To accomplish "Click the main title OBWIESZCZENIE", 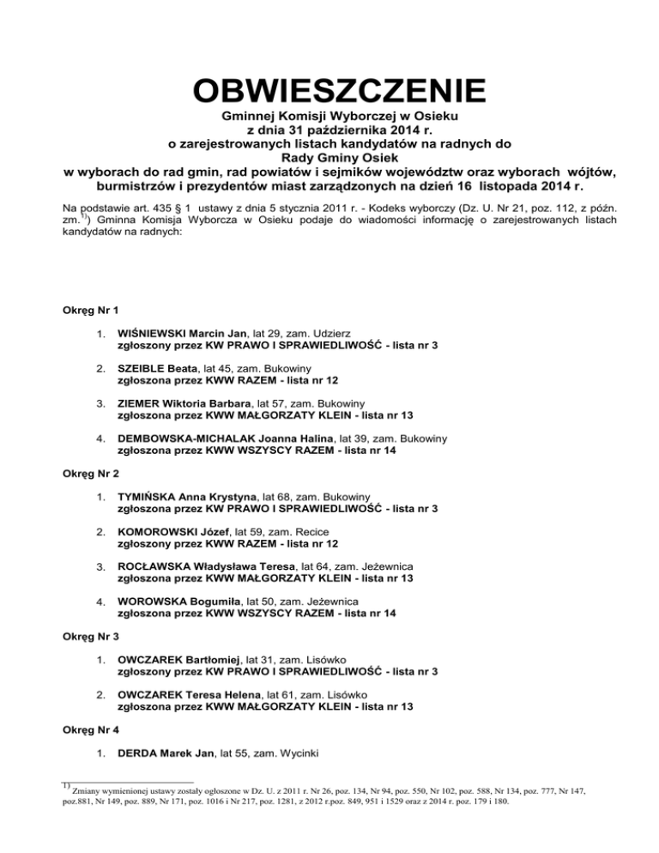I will [x=329, y=90].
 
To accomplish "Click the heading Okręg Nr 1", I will [x=88, y=306].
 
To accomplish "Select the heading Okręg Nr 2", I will [x=88, y=473].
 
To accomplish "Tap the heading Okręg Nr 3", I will [x=88, y=638].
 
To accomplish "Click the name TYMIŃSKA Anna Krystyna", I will [x=184, y=497].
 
